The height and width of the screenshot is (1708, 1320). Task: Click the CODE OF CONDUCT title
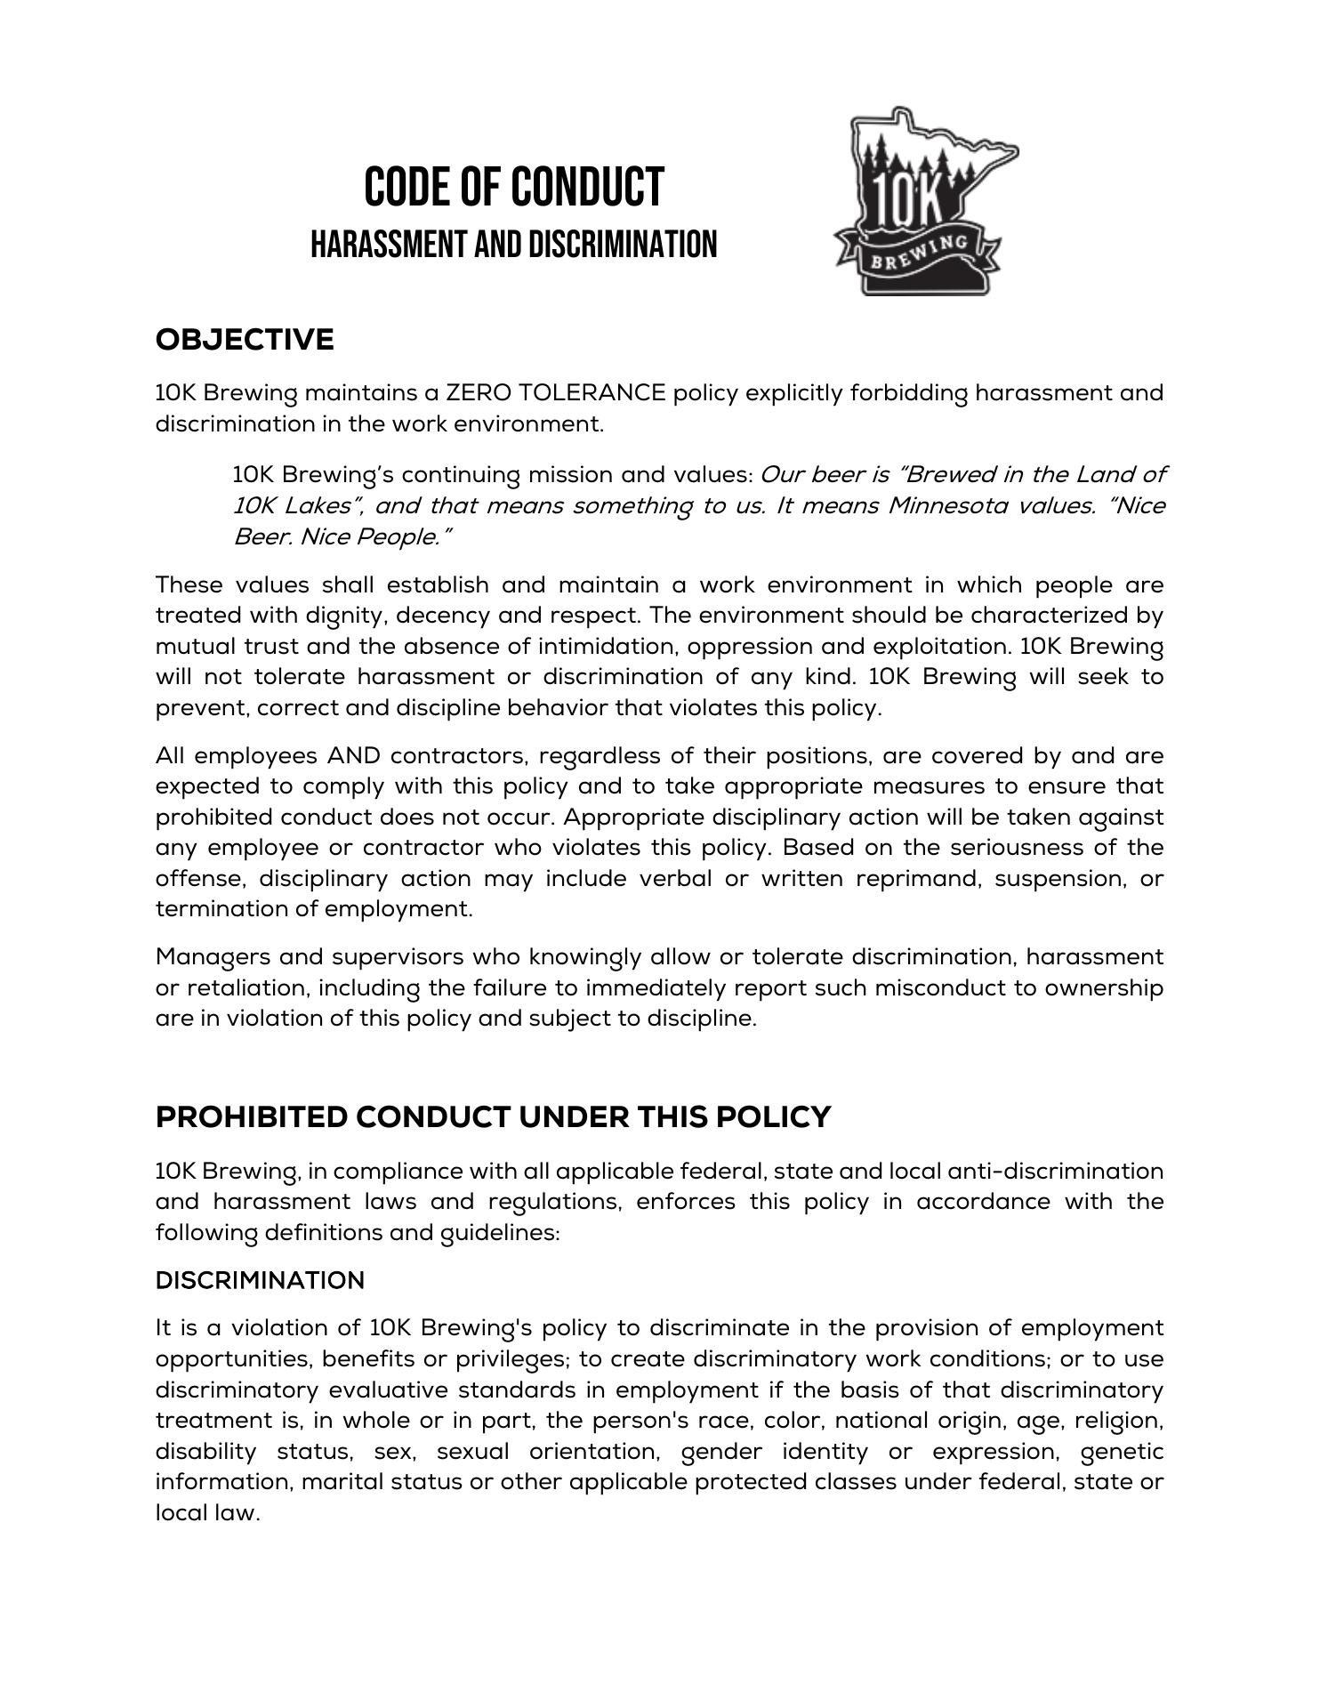[513, 187]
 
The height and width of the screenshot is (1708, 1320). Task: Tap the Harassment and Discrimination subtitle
[513, 245]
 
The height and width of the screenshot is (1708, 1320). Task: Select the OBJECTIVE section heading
[245, 340]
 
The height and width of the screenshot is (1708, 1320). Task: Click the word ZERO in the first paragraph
[479, 392]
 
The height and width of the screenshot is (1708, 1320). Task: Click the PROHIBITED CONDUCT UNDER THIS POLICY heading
[493, 1117]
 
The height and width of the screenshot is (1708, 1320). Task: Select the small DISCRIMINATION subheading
[260, 1280]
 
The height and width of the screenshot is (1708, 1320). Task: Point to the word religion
[1119, 1421]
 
